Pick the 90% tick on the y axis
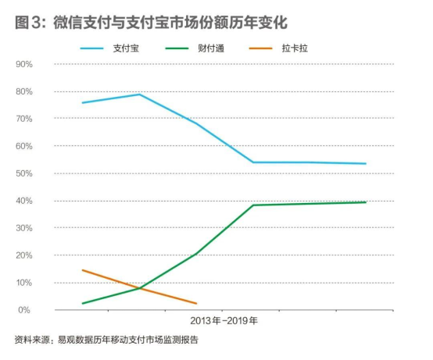[23, 64]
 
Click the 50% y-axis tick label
[23, 173]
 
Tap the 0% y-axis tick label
[26, 310]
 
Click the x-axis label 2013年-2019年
[224, 321]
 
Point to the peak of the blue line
[139, 94]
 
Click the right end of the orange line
[196, 304]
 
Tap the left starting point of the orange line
[82, 270]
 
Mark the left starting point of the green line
[82, 304]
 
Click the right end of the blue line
[366, 164]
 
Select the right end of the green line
[366, 202]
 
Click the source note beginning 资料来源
[106, 340]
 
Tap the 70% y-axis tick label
[23, 119]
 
